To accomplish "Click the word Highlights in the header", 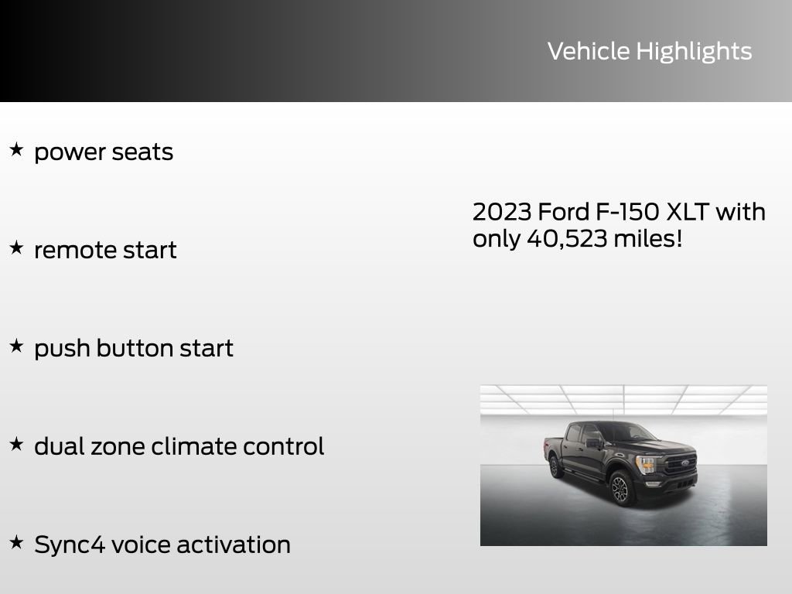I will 694,52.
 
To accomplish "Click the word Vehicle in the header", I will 589,51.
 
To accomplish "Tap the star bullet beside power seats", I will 16,149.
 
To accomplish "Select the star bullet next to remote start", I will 16,247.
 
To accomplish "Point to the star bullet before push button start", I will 16,346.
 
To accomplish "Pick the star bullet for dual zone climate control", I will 16,444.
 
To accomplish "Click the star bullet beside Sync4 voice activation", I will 16,542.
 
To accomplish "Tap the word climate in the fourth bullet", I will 193,446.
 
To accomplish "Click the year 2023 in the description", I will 501,212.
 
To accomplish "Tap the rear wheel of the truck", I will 554,466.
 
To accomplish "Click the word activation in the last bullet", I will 234,544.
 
